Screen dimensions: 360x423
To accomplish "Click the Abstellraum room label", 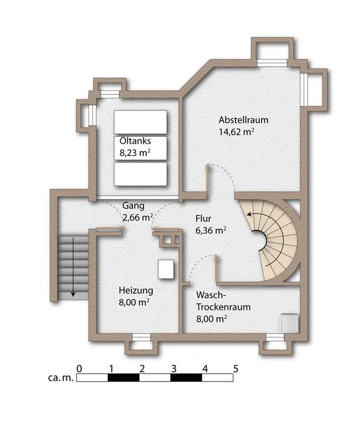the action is (244, 120).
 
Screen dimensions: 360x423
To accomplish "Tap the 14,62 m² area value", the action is (237, 132).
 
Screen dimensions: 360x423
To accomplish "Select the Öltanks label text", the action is (135, 141).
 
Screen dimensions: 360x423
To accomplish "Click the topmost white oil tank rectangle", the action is (140, 122).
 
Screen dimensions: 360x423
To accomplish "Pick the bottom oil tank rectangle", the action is (140, 174).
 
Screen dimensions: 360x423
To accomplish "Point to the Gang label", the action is (133, 206).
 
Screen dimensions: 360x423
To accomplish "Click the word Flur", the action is (203, 218).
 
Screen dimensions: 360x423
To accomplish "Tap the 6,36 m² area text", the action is (211, 231).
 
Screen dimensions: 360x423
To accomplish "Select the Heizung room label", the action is (136, 291).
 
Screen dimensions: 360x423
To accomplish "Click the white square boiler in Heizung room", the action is (166, 269).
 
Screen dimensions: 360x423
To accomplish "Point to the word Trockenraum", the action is (224, 307).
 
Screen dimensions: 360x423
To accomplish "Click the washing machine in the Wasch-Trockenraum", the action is (289, 323).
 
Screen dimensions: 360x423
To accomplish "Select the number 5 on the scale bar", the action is (236, 368).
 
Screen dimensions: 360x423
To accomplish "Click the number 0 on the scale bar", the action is (79, 368).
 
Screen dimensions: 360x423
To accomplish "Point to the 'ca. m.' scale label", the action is (61, 378).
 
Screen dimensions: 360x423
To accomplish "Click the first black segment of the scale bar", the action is (123, 378).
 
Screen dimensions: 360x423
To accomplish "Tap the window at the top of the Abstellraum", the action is (272, 63).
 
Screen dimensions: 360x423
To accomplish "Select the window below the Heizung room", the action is (141, 338).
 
